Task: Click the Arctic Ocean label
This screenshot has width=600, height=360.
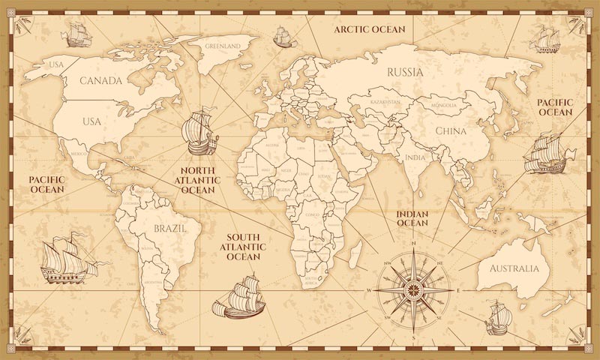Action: (369, 29)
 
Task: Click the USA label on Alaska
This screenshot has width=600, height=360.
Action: (57, 64)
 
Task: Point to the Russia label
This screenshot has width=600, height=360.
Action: (405, 73)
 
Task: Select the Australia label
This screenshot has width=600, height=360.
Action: (513, 268)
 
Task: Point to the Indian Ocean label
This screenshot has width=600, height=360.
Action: (412, 218)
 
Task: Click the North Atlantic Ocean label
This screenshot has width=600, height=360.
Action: (198, 181)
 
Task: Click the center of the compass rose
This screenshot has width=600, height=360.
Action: (413, 289)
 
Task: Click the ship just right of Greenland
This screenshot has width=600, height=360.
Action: (281, 34)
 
